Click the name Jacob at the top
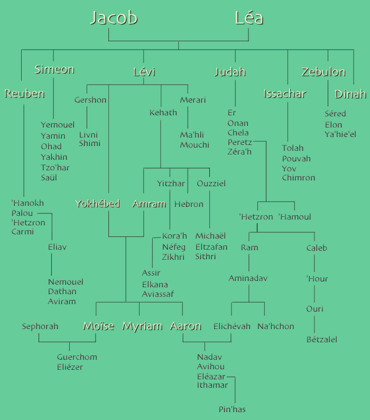click(x=114, y=18)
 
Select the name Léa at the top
click(x=249, y=18)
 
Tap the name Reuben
click(x=24, y=94)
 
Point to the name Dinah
click(x=350, y=94)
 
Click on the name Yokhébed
click(x=97, y=204)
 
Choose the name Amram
click(x=149, y=204)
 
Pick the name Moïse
click(x=98, y=326)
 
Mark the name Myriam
click(x=142, y=326)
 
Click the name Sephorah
click(x=40, y=326)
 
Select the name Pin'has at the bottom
click(x=232, y=409)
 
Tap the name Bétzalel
click(x=321, y=339)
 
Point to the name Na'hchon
click(x=276, y=326)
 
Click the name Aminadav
click(x=248, y=278)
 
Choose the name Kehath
click(x=163, y=113)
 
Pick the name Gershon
click(x=90, y=100)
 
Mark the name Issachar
click(x=285, y=94)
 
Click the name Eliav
click(x=57, y=247)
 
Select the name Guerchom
click(x=77, y=357)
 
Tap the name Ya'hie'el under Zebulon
click(x=340, y=134)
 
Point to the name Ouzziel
click(x=211, y=184)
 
